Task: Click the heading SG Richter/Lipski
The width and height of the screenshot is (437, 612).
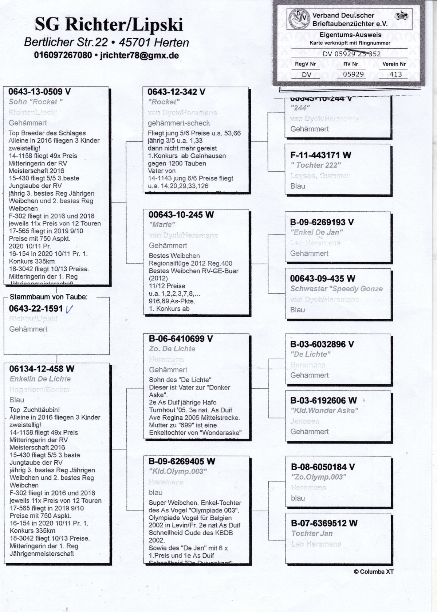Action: tap(109, 25)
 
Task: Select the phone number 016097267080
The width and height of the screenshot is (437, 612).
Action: tap(63, 56)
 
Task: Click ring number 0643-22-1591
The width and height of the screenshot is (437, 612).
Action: tap(36, 309)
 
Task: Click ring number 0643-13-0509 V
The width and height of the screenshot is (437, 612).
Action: tap(40, 92)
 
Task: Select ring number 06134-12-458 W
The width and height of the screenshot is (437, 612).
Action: tap(42, 369)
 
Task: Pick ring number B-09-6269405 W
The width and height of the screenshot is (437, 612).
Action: tap(182, 461)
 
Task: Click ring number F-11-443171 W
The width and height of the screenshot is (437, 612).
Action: tap(320, 155)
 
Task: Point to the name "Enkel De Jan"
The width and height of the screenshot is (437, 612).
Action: tap(316, 232)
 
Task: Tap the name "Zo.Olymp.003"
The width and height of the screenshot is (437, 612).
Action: tap(319, 477)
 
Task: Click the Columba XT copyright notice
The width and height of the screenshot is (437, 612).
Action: tap(374, 571)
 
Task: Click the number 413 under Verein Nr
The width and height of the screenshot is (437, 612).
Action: tap(395, 74)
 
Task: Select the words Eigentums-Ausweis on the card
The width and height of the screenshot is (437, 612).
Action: tap(350, 35)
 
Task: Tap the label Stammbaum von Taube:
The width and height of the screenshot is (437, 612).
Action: tap(48, 297)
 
